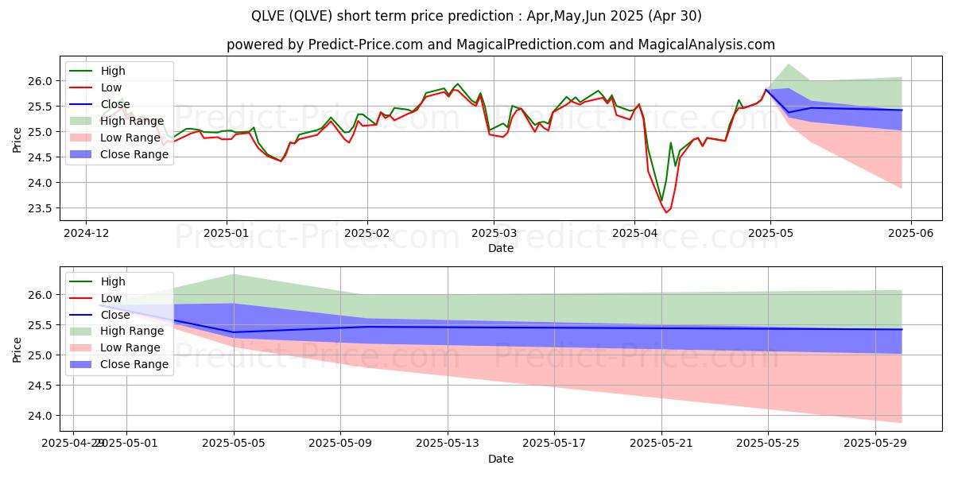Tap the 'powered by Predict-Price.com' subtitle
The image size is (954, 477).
[x=500, y=45]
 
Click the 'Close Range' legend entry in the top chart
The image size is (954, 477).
[x=134, y=154]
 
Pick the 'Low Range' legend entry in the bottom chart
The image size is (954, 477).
[x=131, y=347]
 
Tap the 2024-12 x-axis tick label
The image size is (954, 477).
[x=86, y=235]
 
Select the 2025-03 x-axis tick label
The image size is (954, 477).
[x=493, y=235]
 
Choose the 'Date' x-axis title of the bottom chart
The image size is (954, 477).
[x=500, y=459]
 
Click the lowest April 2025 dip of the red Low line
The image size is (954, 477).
[x=666, y=212]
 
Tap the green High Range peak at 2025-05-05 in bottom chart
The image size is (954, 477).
[x=234, y=274]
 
